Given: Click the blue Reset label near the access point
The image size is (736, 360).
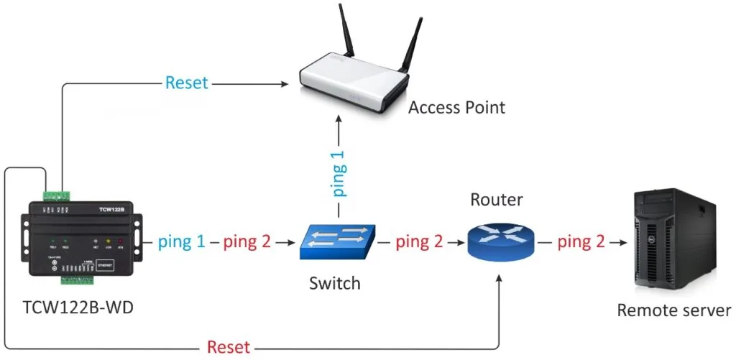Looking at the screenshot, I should [x=186, y=83].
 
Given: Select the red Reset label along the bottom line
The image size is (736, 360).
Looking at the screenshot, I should [x=229, y=348].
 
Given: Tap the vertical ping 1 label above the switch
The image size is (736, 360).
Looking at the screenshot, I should [x=339, y=172].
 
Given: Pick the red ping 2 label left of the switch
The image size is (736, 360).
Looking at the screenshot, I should [x=247, y=242].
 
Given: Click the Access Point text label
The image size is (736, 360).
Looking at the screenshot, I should [x=456, y=108].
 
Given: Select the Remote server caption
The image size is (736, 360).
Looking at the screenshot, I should [x=673, y=310].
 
